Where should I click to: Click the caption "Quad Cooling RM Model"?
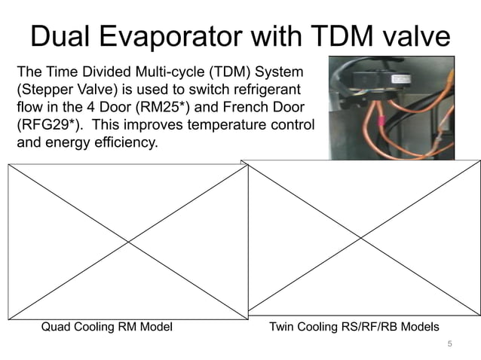coord(106,327)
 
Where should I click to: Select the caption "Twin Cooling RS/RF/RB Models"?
coord(354,327)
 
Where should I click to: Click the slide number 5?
coord(450,344)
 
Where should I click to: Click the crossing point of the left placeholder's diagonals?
coord(128,241)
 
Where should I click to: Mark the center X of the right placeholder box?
coord(361,237)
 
